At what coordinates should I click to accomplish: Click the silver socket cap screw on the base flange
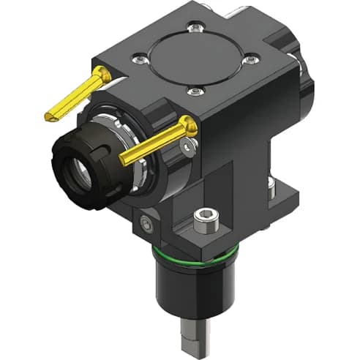205,217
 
